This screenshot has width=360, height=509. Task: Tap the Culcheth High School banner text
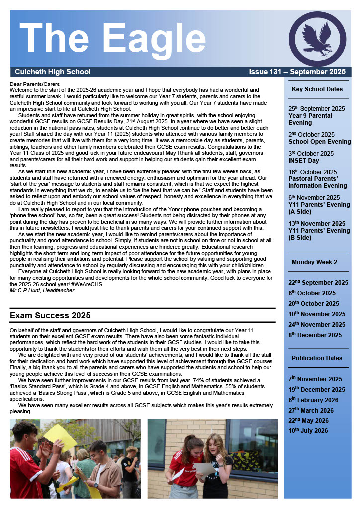(x=53, y=72)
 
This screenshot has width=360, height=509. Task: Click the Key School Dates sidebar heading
(x=317, y=89)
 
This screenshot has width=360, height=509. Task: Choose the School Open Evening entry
(x=319, y=142)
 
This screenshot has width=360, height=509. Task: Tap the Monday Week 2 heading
(x=314, y=262)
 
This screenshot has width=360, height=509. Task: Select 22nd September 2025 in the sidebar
(x=318, y=283)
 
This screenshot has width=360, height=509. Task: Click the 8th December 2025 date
(x=315, y=335)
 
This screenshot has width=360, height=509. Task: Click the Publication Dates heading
(x=317, y=358)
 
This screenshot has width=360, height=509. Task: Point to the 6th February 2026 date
(x=313, y=400)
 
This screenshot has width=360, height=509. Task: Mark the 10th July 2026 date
(x=308, y=431)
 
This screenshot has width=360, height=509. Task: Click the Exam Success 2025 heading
(x=50, y=315)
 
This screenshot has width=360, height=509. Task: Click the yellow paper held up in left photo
(x=60, y=437)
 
